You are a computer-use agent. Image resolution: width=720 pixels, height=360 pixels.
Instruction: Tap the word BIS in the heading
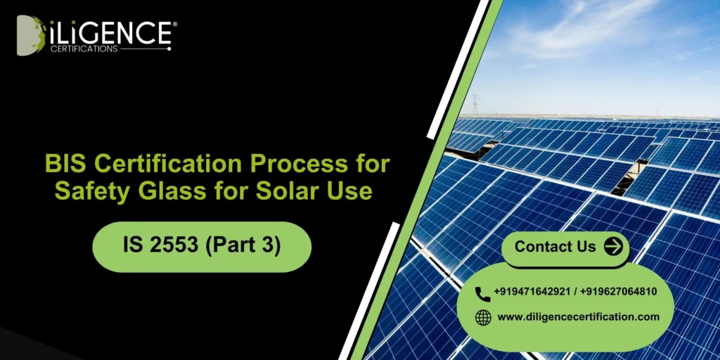(x=65, y=165)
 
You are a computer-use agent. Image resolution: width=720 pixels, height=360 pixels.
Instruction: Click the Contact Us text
(x=555, y=247)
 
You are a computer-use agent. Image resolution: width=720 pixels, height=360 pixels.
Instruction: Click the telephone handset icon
(x=482, y=292)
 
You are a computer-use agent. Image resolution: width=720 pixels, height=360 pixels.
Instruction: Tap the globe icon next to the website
(x=483, y=317)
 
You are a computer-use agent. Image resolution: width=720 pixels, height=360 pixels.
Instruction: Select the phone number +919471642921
(x=533, y=292)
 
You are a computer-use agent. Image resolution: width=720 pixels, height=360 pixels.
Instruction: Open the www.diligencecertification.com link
(x=578, y=317)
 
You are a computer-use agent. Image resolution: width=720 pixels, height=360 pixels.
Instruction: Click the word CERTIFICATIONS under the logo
(x=84, y=49)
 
